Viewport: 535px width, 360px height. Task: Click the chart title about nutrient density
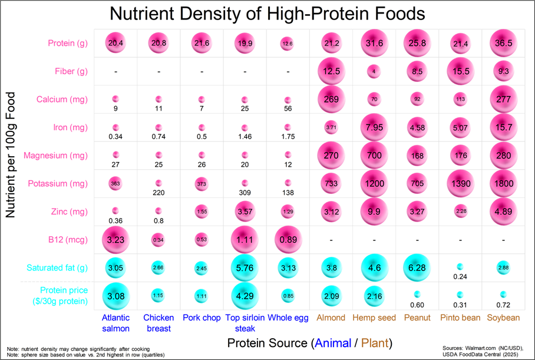pos(267,13)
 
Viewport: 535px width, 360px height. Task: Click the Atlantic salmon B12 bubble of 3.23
pos(115,240)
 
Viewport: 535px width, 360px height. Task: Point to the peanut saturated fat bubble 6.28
pos(417,267)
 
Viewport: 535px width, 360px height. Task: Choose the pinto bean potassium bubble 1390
pos(460,184)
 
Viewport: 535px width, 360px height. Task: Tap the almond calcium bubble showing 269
pos(331,99)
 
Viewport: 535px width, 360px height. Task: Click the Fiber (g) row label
pos(68,71)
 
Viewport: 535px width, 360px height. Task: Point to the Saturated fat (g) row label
pos(57,267)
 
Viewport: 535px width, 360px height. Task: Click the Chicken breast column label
pos(158,323)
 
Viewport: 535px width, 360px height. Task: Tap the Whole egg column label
pos(288,318)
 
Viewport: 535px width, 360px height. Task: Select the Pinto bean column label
pos(460,318)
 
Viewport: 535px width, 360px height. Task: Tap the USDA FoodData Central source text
pos(488,354)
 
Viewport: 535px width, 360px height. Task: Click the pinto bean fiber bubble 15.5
pos(460,71)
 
